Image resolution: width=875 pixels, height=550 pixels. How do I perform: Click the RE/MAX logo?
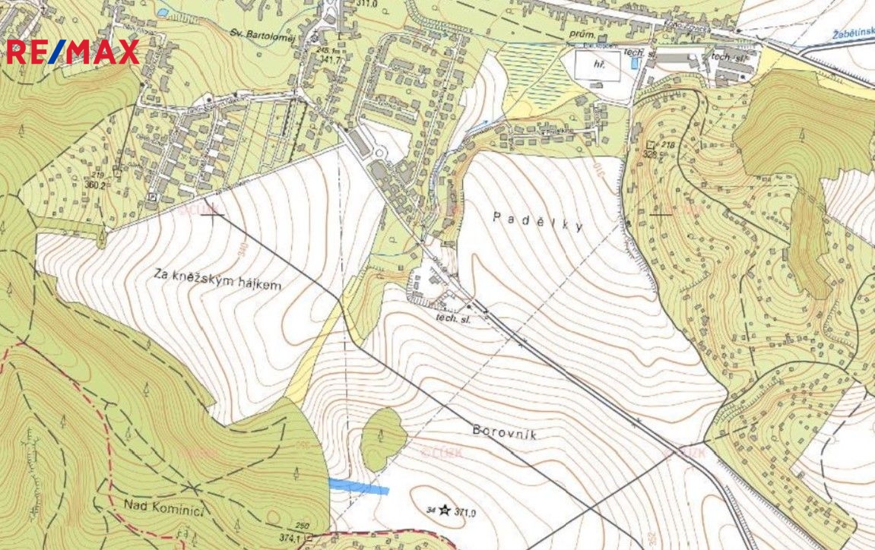coord(73,52)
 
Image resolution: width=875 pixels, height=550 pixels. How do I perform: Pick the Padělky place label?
coord(537,221)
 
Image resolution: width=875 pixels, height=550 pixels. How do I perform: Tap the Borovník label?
coord(504,432)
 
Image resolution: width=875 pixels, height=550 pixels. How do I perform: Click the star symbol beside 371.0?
coord(444,511)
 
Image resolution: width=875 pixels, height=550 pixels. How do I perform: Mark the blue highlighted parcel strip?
coord(358,487)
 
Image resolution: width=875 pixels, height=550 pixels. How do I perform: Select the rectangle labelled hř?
coord(597,66)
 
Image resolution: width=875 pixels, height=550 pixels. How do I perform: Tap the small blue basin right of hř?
coord(634,65)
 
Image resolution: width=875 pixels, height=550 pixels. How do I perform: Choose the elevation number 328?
coord(649,154)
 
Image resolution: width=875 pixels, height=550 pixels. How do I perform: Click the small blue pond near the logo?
coord(162,13)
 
